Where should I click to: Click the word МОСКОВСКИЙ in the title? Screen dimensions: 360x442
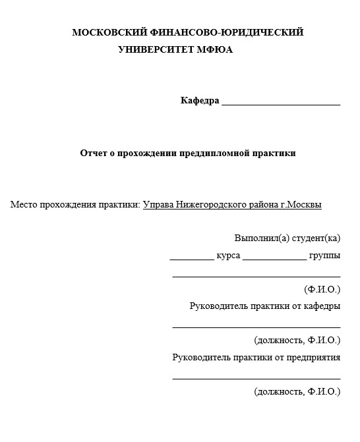click(105, 32)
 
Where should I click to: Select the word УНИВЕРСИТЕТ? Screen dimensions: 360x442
click(152, 49)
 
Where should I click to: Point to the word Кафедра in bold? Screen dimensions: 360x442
click(199, 101)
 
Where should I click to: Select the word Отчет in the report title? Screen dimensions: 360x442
click(93, 153)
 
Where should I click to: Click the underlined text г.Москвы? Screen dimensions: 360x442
click(301, 205)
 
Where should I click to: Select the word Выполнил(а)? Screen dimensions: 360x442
click(258, 238)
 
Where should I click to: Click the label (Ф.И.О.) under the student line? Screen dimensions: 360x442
click(322, 289)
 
